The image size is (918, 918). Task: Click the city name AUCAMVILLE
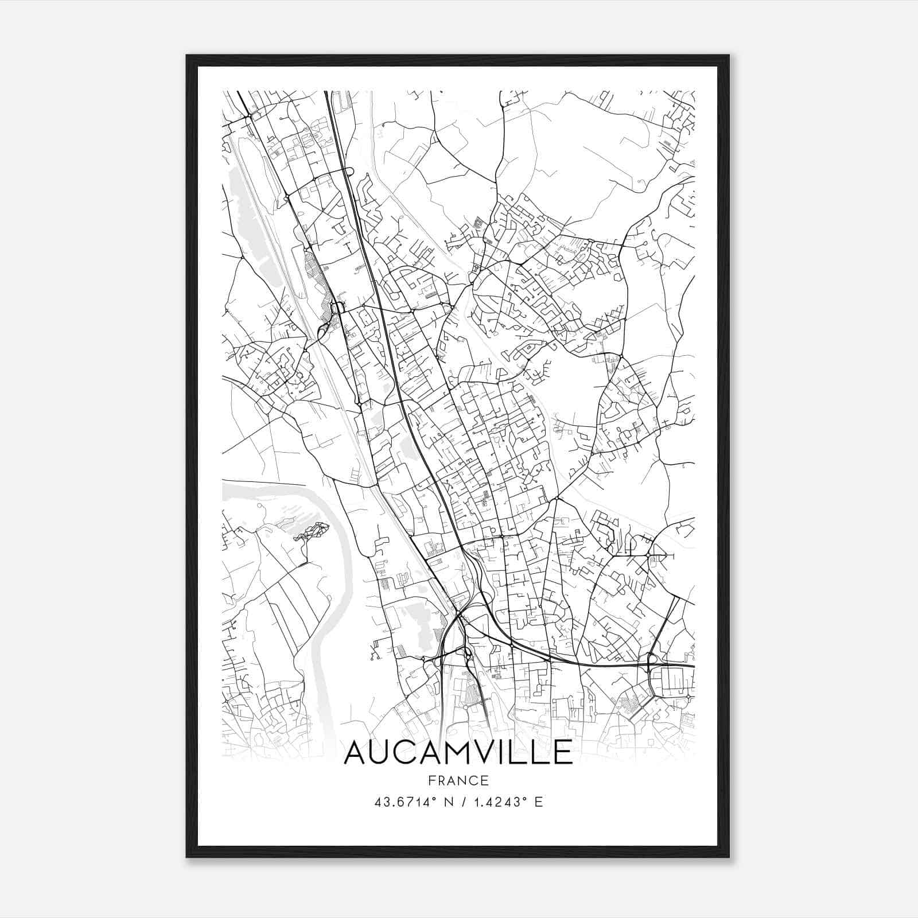click(x=458, y=752)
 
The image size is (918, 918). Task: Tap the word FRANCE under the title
click(x=458, y=780)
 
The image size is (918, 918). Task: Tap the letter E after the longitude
click(x=538, y=802)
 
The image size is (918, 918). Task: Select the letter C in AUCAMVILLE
click(x=411, y=752)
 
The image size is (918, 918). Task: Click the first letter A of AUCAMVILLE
click(x=357, y=752)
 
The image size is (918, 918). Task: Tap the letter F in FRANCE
click(x=430, y=780)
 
